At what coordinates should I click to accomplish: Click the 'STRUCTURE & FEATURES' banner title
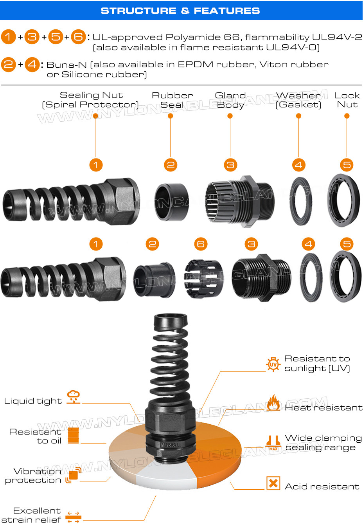(x=180, y=11)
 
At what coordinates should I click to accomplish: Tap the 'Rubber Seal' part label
(x=172, y=100)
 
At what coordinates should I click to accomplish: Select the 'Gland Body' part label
(x=230, y=100)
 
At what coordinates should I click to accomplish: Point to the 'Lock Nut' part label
(x=347, y=100)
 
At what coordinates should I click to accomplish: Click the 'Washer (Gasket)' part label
(x=298, y=100)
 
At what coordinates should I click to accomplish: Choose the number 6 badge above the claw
(x=201, y=244)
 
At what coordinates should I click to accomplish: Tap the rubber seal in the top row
(x=171, y=202)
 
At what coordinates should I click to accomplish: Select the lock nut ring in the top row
(x=344, y=200)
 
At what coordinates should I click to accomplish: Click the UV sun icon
(x=273, y=364)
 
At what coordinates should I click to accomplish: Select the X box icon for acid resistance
(x=273, y=483)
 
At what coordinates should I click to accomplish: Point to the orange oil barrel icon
(x=74, y=435)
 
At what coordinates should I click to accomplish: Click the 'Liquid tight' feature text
(x=33, y=401)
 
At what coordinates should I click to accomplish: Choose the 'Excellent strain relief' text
(x=31, y=515)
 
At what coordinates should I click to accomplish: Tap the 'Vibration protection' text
(x=33, y=476)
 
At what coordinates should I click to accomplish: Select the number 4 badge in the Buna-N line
(x=32, y=64)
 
